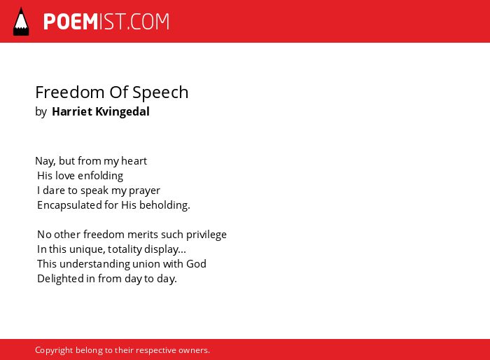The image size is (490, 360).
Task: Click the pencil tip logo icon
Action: click(x=21, y=22)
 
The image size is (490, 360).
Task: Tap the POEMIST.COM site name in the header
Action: click(x=106, y=22)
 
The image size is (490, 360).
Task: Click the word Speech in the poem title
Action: click(x=160, y=93)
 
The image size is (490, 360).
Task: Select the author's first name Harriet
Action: click(x=72, y=111)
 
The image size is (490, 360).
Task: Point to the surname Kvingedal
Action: click(x=122, y=112)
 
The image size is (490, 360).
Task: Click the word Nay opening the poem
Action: click(x=45, y=161)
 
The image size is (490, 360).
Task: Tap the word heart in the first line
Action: click(x=134, y=161)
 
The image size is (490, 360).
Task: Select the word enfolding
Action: click(x=100, y=176)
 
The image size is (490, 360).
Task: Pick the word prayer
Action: click(x=144, y=191)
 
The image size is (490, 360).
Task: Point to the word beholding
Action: click(x=164, y=205)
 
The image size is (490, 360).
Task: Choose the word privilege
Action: click(x=206, y=235)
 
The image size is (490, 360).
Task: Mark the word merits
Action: click(x=139, y=235)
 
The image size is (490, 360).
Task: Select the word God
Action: click(x=196, y=264)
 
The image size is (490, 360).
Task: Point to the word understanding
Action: click(x=94, y=264)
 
